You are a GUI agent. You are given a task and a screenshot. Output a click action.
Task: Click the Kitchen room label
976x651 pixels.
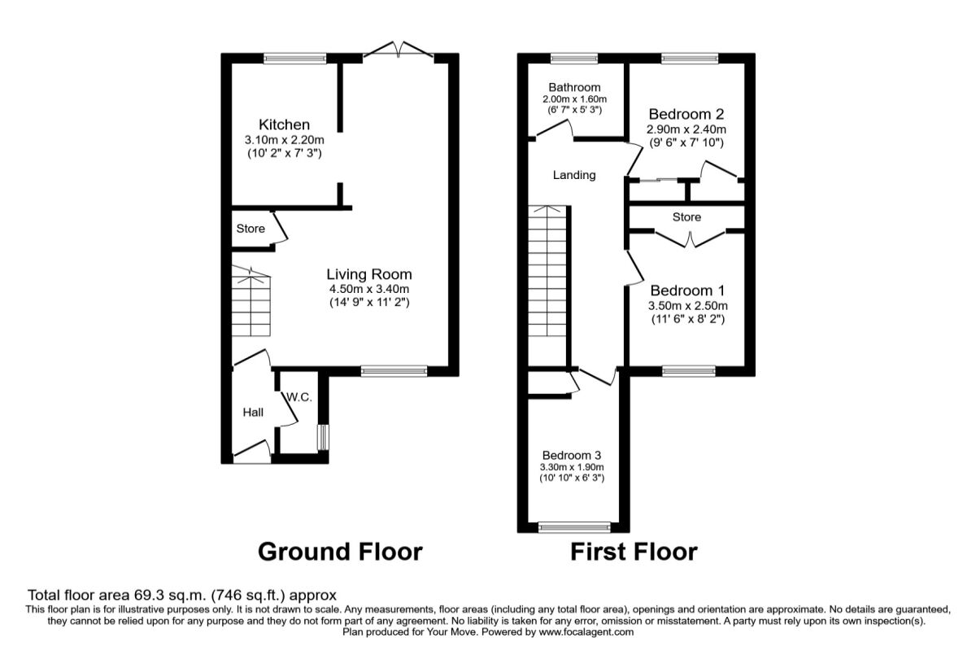(x=284, y=125)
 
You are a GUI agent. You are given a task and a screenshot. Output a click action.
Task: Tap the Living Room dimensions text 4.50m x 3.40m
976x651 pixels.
(x=369, y=289)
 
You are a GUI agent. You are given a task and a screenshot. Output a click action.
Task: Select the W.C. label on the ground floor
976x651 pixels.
(x=298, y=397)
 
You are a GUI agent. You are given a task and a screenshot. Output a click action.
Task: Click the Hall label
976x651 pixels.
(x=253, y=413)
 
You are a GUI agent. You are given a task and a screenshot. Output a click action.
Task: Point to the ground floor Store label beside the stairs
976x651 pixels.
(x=251, y=229)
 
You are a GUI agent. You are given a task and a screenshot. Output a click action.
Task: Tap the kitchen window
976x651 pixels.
(x=294, y=57)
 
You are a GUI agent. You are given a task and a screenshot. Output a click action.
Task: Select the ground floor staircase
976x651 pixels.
(x=251, y=305)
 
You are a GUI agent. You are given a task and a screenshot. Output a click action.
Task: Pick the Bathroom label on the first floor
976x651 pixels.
(x=574, y=87)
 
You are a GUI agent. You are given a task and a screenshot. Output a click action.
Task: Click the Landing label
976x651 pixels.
(x=574, y=175)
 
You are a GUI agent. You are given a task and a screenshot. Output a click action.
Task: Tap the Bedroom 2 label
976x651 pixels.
(x=686, y=115)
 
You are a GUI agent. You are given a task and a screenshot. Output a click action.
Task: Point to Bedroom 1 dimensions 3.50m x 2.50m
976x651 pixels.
(x=687, y=306)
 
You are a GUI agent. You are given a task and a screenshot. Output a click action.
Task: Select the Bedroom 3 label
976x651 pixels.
(x=573, y=455)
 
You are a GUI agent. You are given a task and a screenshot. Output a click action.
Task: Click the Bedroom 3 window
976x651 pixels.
(x=573, y=527)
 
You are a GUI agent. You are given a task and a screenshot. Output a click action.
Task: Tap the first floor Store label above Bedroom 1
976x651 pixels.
(x=686, y=217)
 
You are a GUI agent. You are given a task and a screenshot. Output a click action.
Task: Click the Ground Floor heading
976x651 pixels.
(x=340, y=552)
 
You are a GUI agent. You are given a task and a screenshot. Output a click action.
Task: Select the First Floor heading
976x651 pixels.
(x=633, y=552)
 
